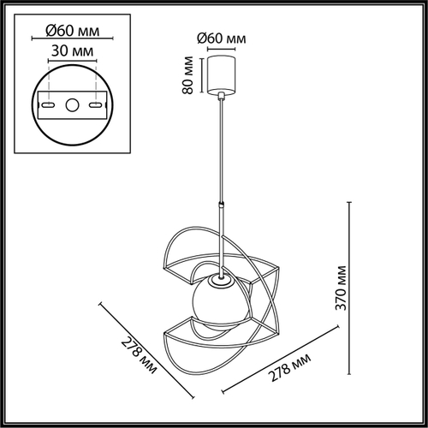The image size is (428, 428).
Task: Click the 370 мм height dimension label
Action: pos(341,288)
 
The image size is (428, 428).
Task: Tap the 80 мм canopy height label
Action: pos(187,75)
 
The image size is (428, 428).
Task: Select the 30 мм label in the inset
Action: pos(72,51)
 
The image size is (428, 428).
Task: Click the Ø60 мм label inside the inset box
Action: pos(73,31)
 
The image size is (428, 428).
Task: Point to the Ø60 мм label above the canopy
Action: pos(222,39)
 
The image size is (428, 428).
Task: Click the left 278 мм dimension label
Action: pos(139,356)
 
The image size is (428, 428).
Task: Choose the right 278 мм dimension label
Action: pos(290,367)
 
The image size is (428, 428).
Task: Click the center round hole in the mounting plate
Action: pos(72,105)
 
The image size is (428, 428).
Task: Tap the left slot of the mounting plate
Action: pos(48,105)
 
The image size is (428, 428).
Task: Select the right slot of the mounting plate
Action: pos(96,105)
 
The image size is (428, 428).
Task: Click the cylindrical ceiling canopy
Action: pos(221,74)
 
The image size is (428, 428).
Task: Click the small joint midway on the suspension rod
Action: pos(221,205)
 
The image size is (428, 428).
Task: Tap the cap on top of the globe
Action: pos(220,280)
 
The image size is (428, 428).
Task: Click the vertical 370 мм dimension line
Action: pos(349,288)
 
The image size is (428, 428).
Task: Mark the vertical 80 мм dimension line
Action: pos(202,75)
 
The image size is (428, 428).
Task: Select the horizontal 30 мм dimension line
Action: pos(72,61)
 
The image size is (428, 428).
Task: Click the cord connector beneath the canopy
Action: pos(221,96)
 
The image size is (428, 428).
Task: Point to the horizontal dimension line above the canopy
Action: pos(221,49)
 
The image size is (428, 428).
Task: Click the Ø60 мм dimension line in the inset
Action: pos(72,38)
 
